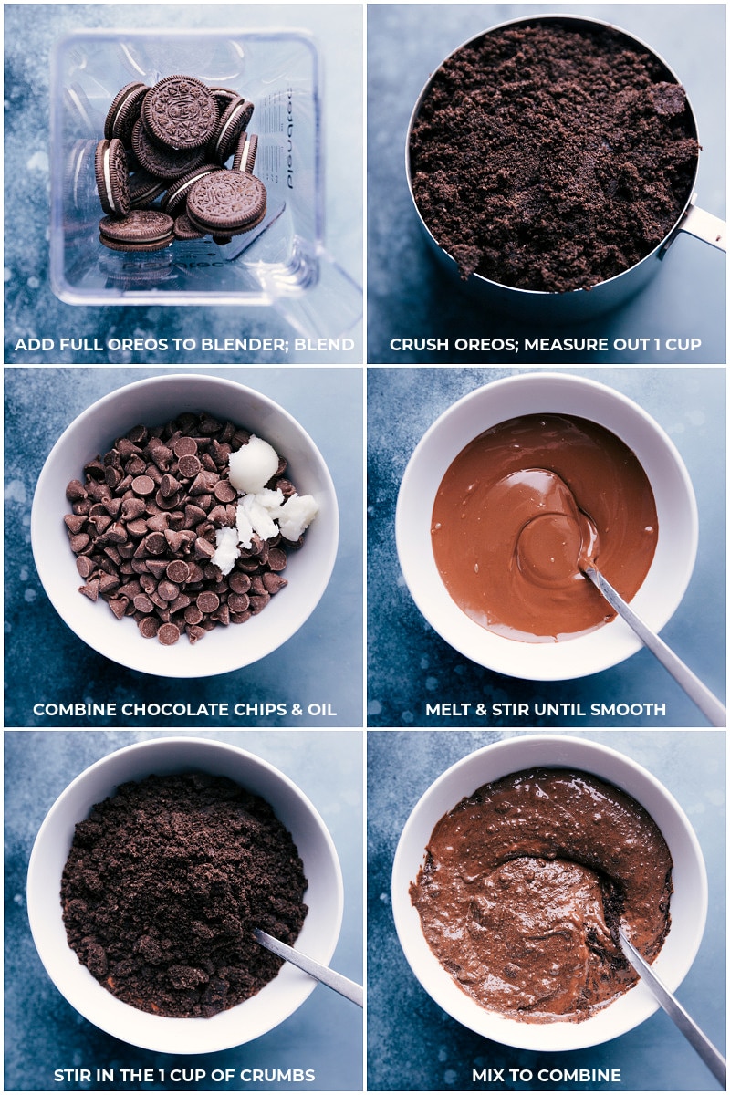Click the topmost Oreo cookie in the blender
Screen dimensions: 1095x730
pyautogui.click(x=179, y=111)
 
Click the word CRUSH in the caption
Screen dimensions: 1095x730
pyautogui.click(x=415, y=345)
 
